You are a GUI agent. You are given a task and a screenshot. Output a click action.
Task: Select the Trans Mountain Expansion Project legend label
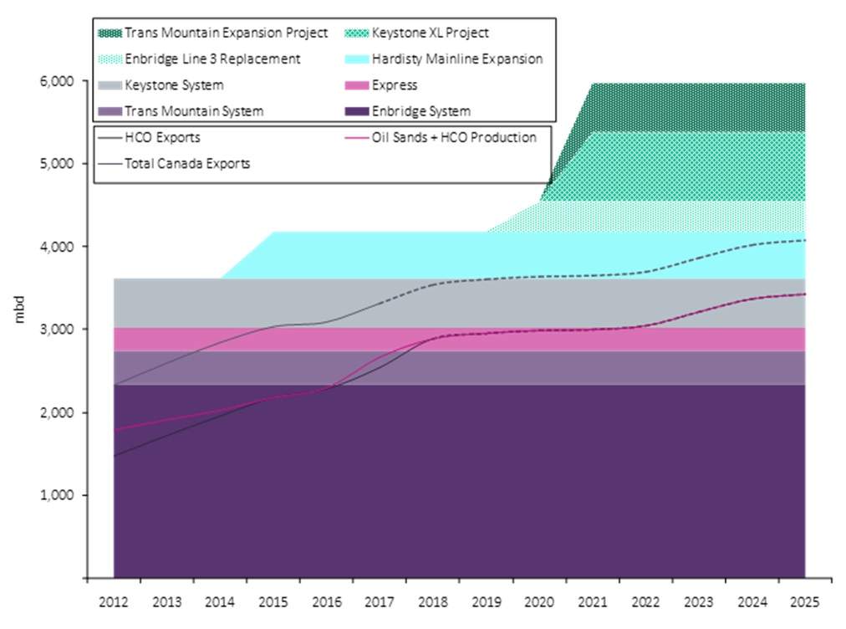[x=226, y=33]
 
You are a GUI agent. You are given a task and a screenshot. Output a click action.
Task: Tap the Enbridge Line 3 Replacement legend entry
[x=211, y=59]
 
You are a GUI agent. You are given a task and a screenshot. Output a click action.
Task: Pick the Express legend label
[x=395, y=85]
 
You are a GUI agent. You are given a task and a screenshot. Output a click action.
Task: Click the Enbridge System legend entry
[x=420, y=111]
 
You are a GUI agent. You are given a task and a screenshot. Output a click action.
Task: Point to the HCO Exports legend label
[x=162, y=138]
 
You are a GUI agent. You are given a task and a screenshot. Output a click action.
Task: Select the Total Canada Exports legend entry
[x=186, y=164]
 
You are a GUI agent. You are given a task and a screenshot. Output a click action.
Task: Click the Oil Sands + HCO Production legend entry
[x=454, y=138]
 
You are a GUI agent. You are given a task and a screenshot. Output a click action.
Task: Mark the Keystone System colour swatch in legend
[x=110, y=85]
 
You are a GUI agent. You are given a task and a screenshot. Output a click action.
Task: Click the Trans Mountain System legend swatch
[x=110, y=111]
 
